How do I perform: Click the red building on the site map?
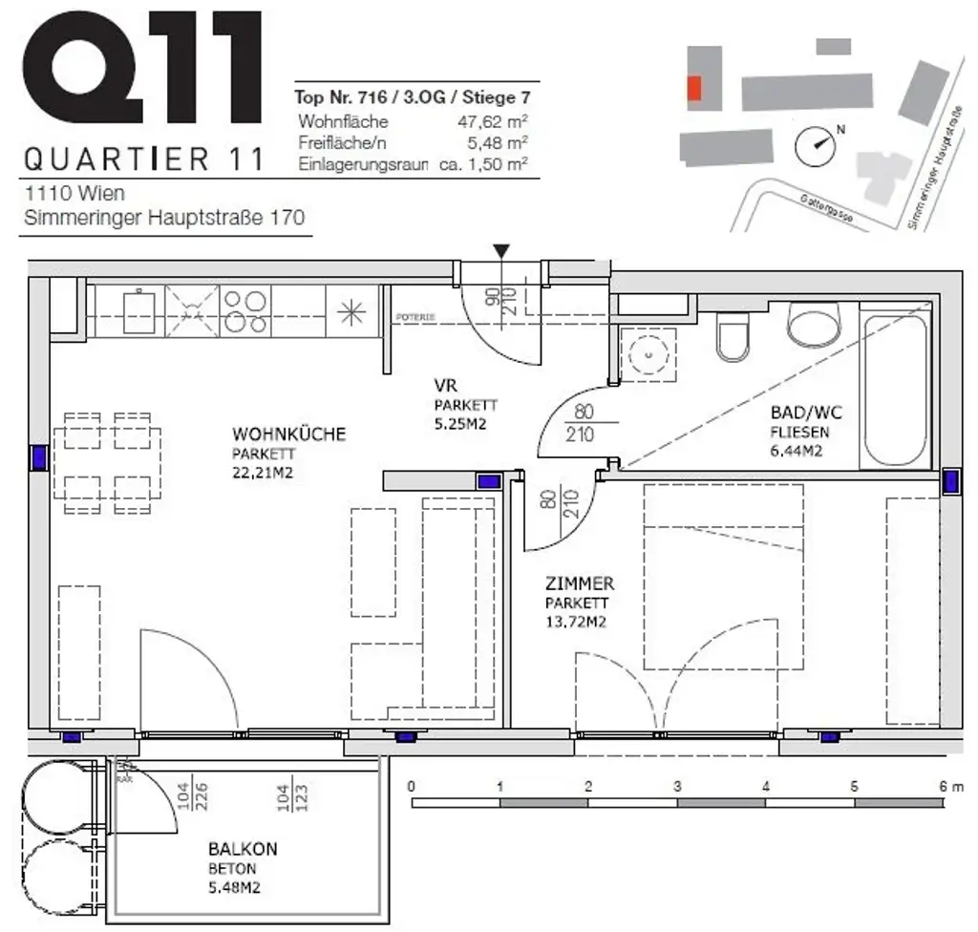(x=694, y=89)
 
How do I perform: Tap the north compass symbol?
(x=819, y=143)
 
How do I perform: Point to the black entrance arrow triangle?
(x=502, y=250)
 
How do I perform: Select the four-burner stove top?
(x=244, y=310)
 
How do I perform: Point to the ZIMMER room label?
(x=579, y=583)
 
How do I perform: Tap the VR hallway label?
(x=444, y=388)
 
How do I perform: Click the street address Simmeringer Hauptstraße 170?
(x=164, y=217)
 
